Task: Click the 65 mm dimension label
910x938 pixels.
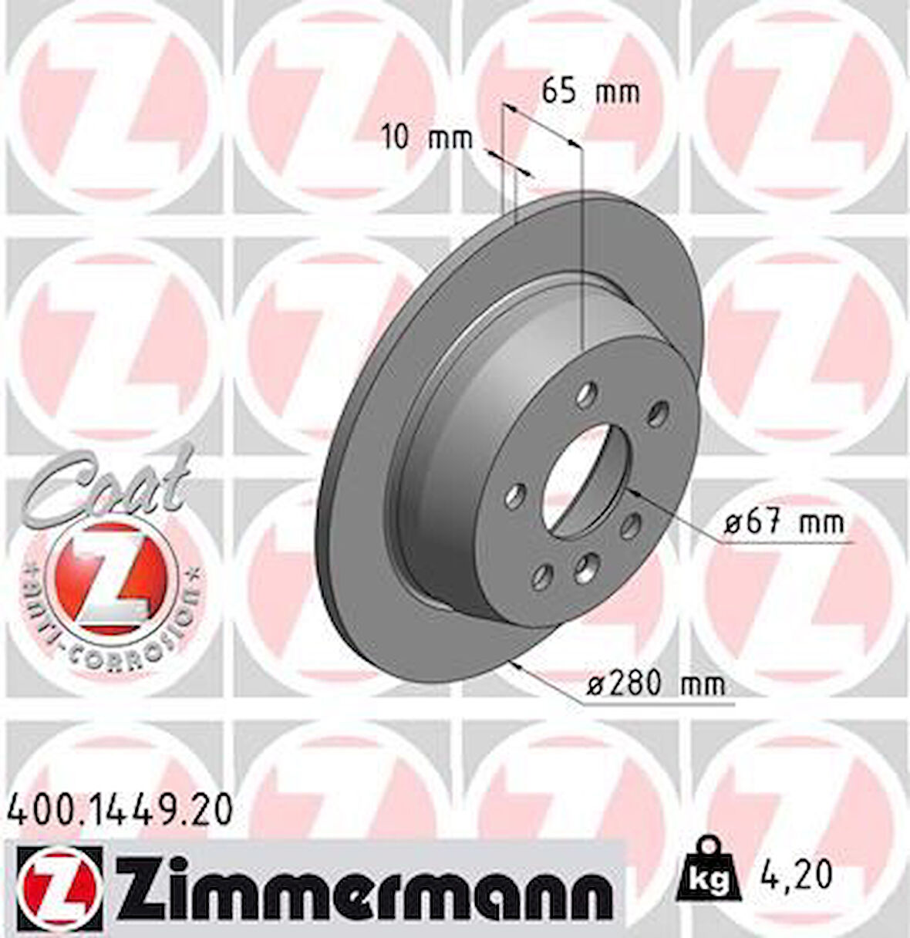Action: [590, 92]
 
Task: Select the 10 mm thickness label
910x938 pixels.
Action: [427, 139]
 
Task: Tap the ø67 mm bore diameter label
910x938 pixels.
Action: [784, 524]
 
